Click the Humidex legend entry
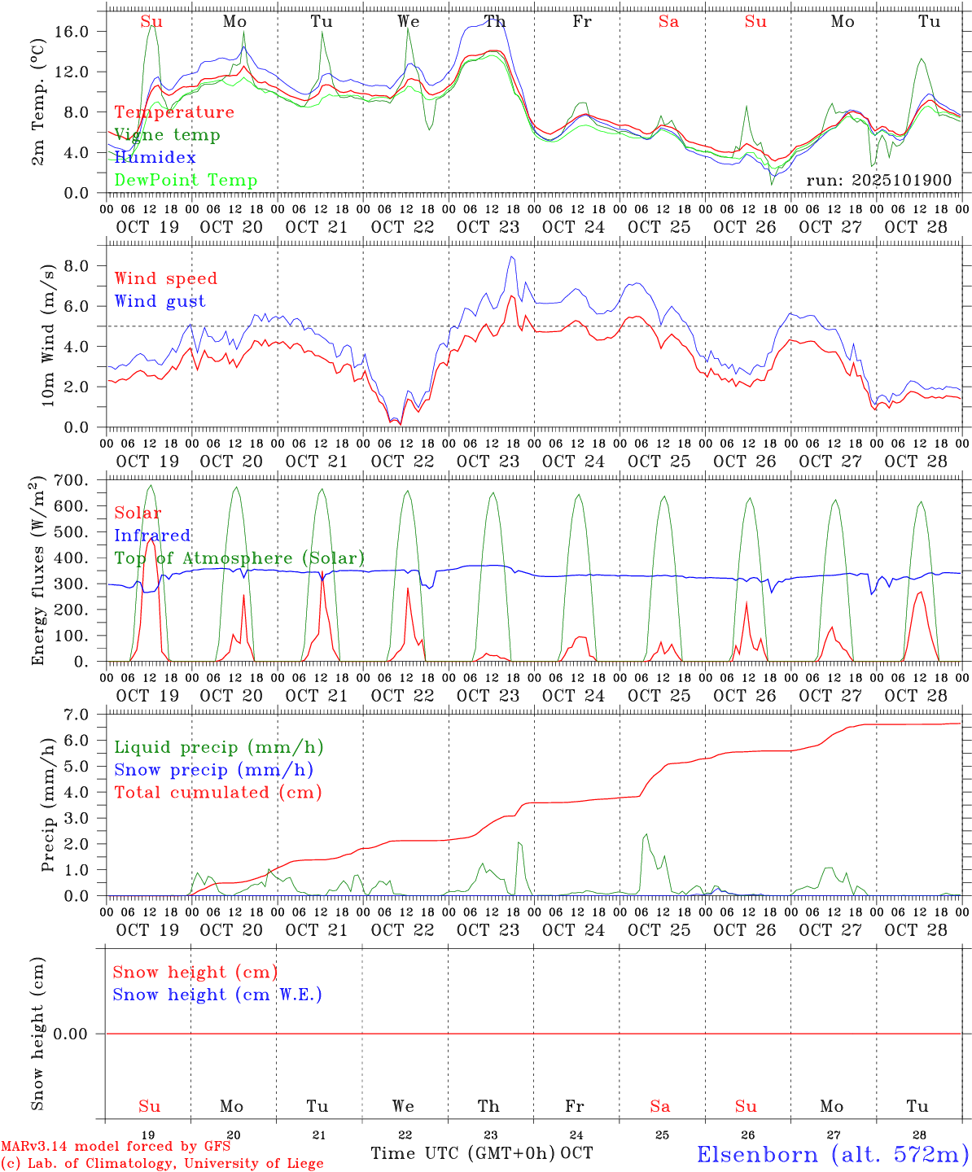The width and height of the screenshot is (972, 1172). (x=155, y=158)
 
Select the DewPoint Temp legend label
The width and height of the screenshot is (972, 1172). (x=186, y=181)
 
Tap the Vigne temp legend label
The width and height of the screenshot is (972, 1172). (x=167, y=135)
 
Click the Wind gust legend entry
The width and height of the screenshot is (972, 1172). (x=160, y=301)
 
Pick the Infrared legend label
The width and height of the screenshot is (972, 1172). (x=152, y=536)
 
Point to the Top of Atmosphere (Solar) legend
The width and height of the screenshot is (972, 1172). (x=239, y=558)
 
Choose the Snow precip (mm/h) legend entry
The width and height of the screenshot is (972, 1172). (x=213, y=770)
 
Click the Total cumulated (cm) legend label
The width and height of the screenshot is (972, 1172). (x=217, y=793)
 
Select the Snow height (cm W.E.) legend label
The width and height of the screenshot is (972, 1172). (x=217, y=995)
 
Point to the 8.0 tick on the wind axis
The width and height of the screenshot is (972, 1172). (x=79, y=266)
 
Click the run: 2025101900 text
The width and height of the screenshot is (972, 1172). (x=878, y=181)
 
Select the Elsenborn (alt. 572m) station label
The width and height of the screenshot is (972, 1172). (x=832, y=1154)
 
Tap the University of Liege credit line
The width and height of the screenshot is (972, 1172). (x=162, y=1164)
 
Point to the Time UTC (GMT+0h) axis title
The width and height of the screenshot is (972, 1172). (x=463, y=1153)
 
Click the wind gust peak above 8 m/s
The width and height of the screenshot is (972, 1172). (x=512, y=257)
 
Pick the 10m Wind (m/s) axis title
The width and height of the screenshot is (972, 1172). (x=48, y=335)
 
